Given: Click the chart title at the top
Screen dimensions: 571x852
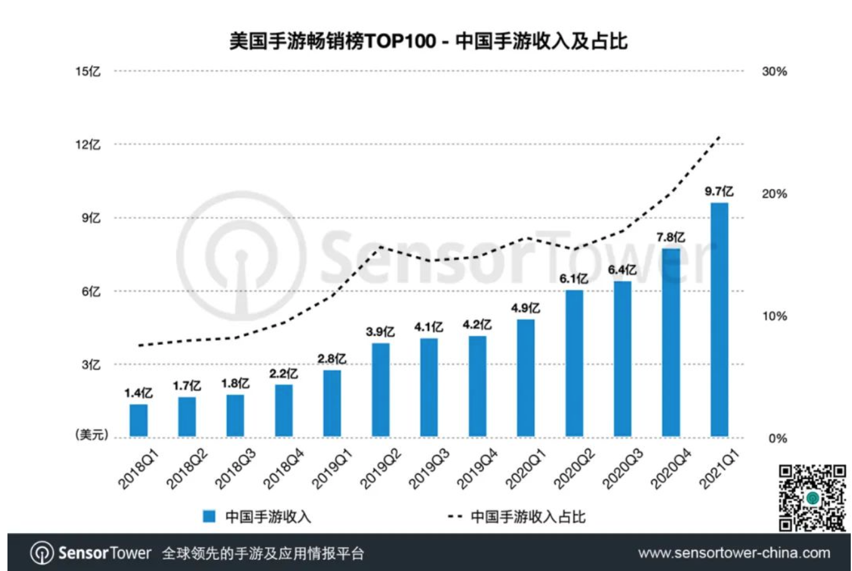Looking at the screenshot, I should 428,41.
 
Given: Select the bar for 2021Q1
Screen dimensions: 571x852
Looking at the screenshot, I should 719,319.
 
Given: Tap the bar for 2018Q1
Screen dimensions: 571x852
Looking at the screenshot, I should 138,420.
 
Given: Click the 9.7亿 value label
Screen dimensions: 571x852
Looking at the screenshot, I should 719,191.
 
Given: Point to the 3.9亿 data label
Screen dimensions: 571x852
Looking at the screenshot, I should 380,332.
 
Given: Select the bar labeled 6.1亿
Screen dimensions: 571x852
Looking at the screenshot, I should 574,363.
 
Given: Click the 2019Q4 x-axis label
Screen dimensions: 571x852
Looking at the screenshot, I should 478,469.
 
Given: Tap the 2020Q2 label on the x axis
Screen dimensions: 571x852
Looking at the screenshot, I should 574,469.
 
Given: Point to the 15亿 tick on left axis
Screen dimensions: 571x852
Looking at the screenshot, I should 88,72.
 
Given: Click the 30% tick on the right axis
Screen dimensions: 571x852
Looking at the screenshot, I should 774,72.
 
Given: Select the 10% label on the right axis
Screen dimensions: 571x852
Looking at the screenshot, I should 774,316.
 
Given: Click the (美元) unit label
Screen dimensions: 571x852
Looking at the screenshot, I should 92,434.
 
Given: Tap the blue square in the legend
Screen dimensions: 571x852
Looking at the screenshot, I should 209,516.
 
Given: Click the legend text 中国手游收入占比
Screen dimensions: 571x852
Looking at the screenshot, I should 528,516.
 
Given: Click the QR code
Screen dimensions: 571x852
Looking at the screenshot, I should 812,497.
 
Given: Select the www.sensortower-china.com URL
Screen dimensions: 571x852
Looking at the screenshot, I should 734,553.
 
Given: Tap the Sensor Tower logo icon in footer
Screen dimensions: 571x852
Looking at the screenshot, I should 42,553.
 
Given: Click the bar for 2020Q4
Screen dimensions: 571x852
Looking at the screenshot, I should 671,342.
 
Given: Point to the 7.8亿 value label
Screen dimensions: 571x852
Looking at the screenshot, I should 671,238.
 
